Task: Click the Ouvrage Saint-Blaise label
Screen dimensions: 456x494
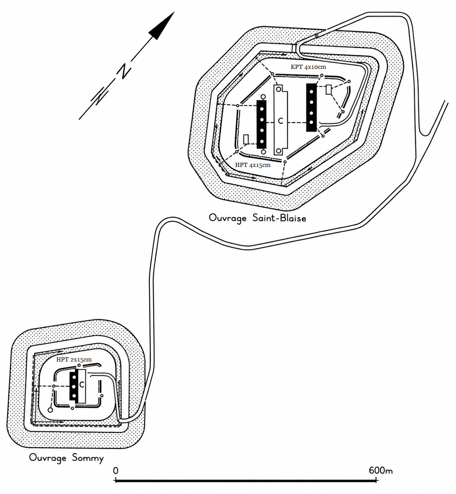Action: pyautogui.click(x=257, y=218)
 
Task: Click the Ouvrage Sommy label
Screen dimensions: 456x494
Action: pyautogui.click(x=66, y=458)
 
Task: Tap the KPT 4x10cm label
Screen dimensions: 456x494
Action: pyautogui.click(x=308, y=67)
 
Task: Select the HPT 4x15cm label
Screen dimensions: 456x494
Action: pyautogui.click(x=253, y=165)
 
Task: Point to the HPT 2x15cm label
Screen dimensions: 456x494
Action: pyautogui.click(x=74, y=360)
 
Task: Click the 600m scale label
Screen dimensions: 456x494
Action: pyautogui.click(x=380, y=471)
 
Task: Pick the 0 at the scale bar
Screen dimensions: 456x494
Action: pyautogui.click(x=115, y=471)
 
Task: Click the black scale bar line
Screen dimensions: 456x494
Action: pyautogui.click(x=246, y=480)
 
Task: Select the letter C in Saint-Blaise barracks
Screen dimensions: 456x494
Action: pyautogui.click(x=281, y=121)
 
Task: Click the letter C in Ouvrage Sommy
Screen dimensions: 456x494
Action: pyautogui.click(x=82, y=384)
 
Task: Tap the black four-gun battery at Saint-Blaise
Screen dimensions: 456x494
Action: pyautogui.click(x=311, y=107)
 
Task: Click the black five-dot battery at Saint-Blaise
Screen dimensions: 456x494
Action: pyautogui.click(x=261, y=125)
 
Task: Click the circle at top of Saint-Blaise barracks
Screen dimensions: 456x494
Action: pyautogui.click(x=279, y=89)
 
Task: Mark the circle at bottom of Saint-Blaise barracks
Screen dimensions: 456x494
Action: pyautogui.click(x=279, y=151)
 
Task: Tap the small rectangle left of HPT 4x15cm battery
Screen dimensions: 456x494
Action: pyautogui.click(x=246, y=139)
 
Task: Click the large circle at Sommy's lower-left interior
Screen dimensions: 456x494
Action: pyautogui.click(x=50, y=410)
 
